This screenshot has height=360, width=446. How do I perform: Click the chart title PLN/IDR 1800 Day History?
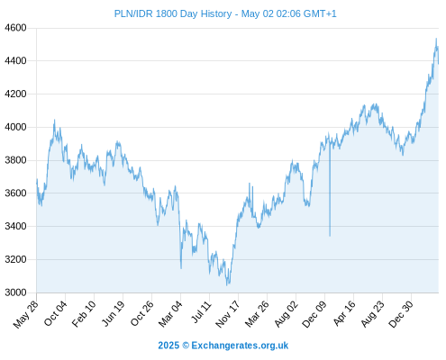[173, 13]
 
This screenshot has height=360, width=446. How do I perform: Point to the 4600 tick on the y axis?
[15, 28]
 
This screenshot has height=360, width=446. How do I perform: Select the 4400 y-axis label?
[15, 61]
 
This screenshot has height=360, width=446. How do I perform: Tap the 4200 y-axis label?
[15, 94]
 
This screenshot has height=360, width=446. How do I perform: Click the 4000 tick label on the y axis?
[15, 127]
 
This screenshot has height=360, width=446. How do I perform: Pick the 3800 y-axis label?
[15, 160]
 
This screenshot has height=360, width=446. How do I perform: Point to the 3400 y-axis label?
[15, 226]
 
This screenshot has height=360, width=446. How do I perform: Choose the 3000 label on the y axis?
[15, 292]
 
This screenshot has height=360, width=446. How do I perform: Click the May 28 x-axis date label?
[26, 314]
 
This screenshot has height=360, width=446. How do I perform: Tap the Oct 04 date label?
[55, 313]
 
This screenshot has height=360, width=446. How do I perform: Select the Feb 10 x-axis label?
[84, 313]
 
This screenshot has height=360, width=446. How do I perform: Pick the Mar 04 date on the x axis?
[170, 314]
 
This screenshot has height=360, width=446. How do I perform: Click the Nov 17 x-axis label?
[228, 314]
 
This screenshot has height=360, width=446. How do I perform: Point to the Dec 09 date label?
[314, 314]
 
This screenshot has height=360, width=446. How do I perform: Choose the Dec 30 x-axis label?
[401, 314]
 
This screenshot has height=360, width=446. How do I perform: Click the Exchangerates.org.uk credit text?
[240, 346]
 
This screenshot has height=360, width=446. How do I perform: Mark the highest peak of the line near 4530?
[436, 39]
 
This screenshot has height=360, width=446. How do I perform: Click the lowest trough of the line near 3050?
[227, 285]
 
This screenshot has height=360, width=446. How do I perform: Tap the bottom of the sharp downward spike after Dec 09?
[330, 236]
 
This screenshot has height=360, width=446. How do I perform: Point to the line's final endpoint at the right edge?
[439, 64]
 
